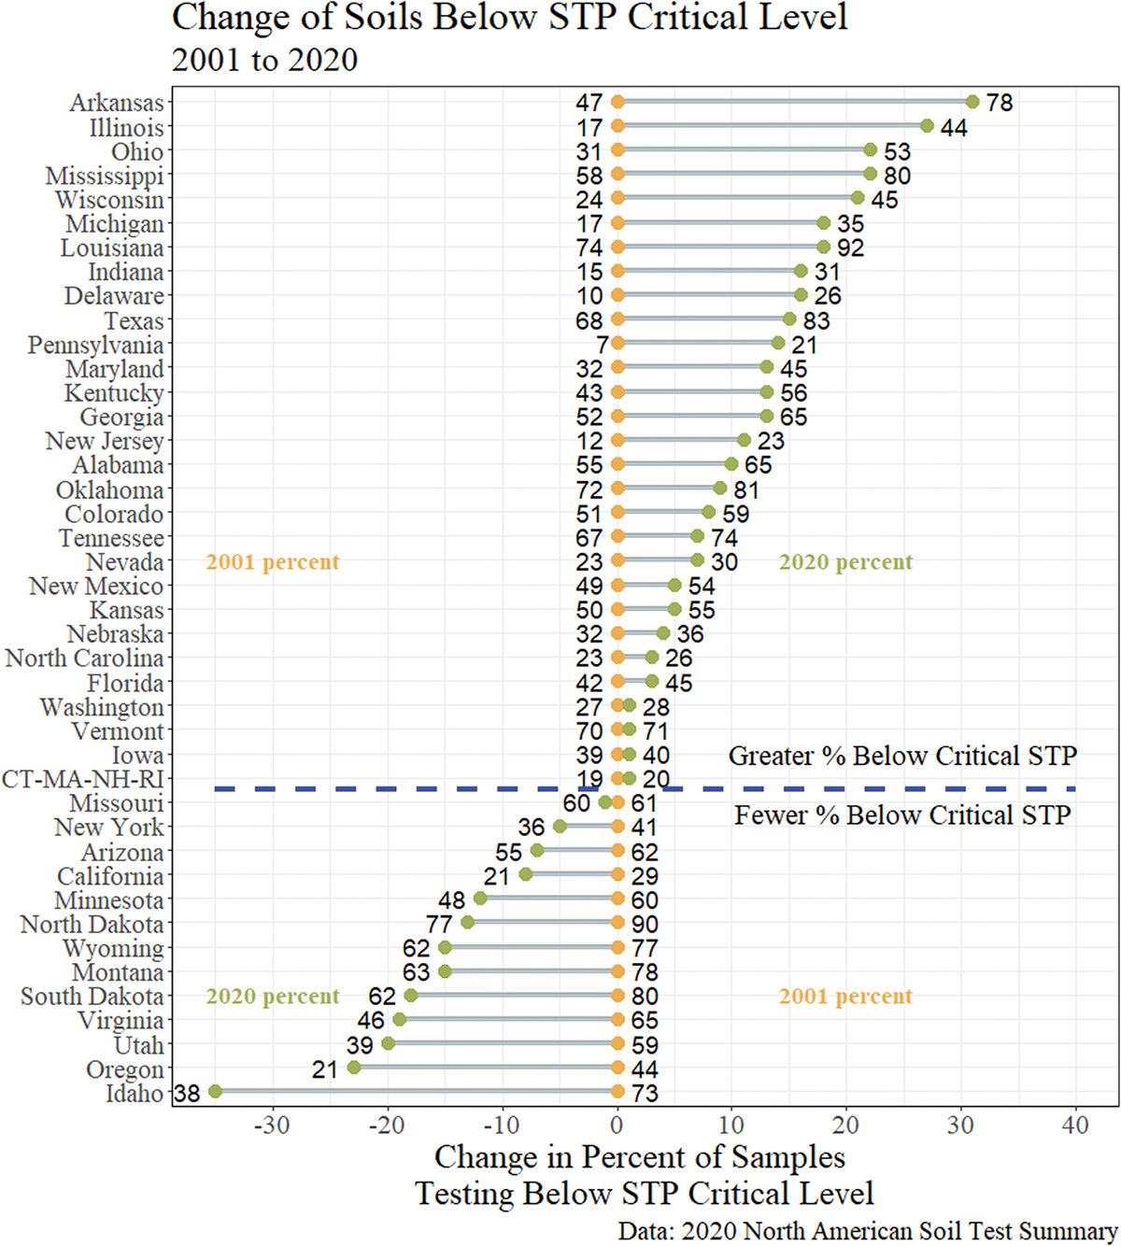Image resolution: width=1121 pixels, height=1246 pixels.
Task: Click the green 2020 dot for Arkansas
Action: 972,102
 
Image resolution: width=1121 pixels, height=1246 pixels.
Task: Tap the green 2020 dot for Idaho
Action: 215,1091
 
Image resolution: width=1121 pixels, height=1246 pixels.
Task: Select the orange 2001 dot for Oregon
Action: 617,1068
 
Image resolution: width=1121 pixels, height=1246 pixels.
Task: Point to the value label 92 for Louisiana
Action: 850,248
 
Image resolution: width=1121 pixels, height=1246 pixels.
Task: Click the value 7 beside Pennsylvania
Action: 603,345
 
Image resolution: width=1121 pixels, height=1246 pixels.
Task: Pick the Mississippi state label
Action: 105,176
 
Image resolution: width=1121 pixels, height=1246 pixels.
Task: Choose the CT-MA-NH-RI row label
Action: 82,779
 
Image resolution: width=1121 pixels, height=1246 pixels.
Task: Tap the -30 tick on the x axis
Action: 272,1125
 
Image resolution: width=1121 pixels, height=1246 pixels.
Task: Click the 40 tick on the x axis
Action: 1075,1125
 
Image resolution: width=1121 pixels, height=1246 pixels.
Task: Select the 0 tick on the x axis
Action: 617,1125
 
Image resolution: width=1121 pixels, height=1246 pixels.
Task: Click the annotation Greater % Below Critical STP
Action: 902,756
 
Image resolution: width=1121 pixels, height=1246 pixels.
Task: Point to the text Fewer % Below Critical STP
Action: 902,815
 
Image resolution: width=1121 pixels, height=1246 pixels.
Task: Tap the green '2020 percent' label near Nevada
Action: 845,562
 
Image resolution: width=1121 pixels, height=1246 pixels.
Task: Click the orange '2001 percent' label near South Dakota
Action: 845,997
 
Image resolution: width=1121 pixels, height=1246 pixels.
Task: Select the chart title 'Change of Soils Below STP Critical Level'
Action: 510,18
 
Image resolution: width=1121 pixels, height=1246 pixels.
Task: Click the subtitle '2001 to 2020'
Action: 264,60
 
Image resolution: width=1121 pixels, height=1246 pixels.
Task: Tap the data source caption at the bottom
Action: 868,1230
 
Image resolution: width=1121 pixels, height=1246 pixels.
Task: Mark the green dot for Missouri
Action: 605,802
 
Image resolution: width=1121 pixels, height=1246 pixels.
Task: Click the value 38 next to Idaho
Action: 187,1093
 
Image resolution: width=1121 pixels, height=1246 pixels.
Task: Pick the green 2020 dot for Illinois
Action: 927,126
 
